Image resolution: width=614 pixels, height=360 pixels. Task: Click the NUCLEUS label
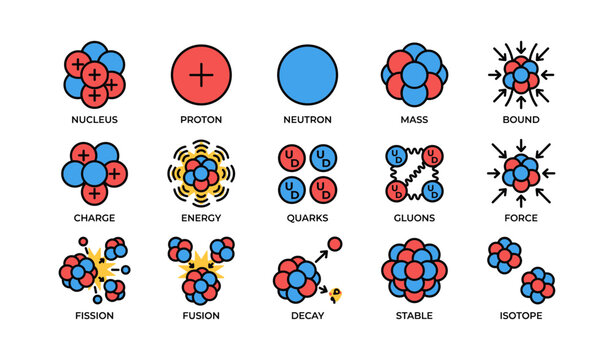pyautogui.click(x=94, y=120)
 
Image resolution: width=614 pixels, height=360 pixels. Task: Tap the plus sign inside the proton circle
pyautogui.click(x=201, y=75)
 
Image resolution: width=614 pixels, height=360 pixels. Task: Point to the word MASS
pyautogui.click(x=414, y=120)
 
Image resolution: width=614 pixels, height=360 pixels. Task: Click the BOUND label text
pyautogui.click(x=521, y=120)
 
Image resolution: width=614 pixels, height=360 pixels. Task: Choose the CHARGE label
pyautogui.click(x=94, y=218)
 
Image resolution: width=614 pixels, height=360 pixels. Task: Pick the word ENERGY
pyautogui.click(x=201, y=218)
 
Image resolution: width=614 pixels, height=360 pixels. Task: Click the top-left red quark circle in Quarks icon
pyautogui.click(x=292, y=158)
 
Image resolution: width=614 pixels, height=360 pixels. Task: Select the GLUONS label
pyautogui.click(x=414, y=218)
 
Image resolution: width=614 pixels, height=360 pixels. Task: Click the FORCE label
pyautogui.click(x=521, y=218)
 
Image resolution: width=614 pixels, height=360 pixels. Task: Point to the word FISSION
pyautogui.click(x=94, y=316)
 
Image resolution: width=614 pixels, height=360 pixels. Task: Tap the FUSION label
pyautogui.click(x=201, y=316)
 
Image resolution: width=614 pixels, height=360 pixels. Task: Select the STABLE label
pyautogui.click(x=414, y=316)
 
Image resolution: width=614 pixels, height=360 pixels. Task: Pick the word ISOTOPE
pyautogui.click(x=521, y=316)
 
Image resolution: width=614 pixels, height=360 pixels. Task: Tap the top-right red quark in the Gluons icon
pyautogui.click(x=432, y=156)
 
